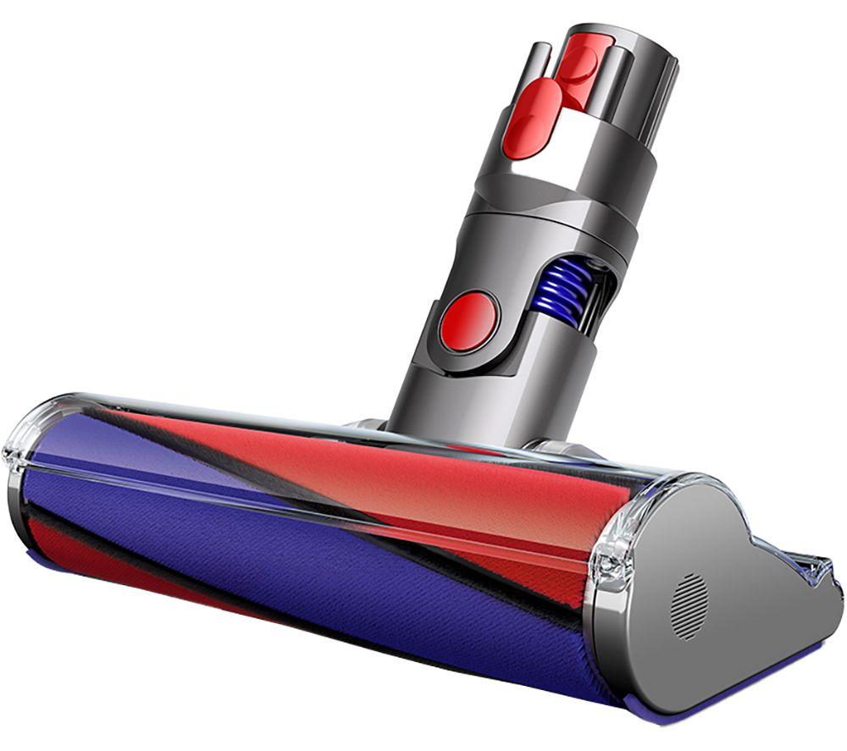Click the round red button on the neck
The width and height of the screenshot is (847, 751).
pyautogui.click(x=468, y=321)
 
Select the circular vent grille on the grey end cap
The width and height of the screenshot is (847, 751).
pyautogui.click(x=689, y=605)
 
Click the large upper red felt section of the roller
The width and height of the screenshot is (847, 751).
pyautogui.click(x=381, y=474)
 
